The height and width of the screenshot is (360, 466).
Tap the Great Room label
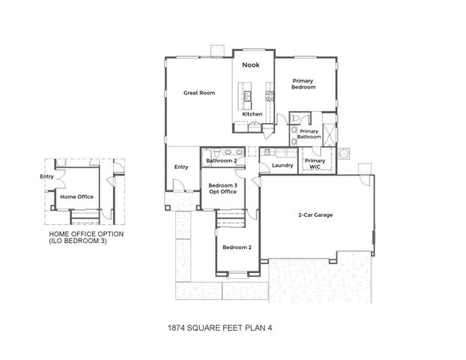pyautogui.click(x=200, y=93)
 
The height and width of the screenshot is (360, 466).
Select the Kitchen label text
pyautogui.click(x=252, y=114)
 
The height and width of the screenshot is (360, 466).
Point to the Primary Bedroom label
pyautogui.click(x=303, y=84)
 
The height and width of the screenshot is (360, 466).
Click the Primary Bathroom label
pyautogui.click(x=309, y=134)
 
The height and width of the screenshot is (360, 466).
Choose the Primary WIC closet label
pyautogui.click(x=315, y=163)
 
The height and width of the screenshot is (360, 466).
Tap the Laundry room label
pyautogui.click(x=282, y=165)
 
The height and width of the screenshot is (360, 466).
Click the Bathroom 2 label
pyautogui.click(x=222, y=160)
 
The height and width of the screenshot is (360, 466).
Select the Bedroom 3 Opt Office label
pyautogui.click(x=223, y=188)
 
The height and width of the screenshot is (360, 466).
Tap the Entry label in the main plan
pyautogui.click(x=181, y=166)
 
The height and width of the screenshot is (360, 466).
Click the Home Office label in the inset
pyautogui.click(x=77, y=196)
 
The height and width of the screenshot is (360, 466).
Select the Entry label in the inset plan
pyautogui.click(x=46, y=177)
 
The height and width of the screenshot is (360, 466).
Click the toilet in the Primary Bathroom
pyautogui.click(x=298, y=120)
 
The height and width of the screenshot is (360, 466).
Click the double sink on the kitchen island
pyautogui.click(x=245, y=95)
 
